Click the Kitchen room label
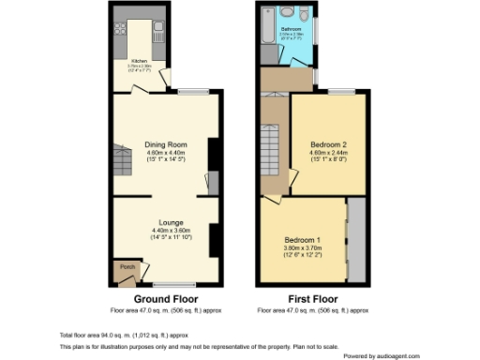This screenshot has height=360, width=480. point(138,59)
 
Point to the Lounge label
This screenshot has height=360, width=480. point(171,222)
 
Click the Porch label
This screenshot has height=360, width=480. point(127,268)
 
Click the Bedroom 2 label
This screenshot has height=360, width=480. point(329,145)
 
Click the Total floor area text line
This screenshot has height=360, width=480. point(117,335)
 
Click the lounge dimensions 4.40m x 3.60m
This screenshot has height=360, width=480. point(171,231)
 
